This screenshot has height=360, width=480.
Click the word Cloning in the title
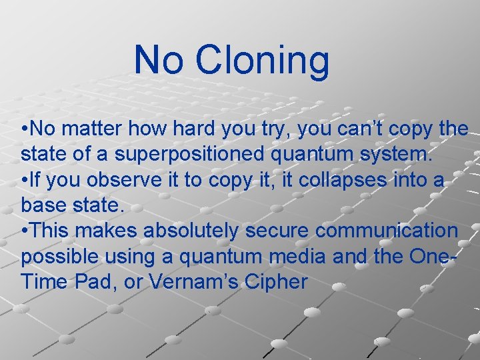point(262,60)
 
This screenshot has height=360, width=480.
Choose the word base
point(43,205)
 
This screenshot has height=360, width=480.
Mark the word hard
point(184,129)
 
